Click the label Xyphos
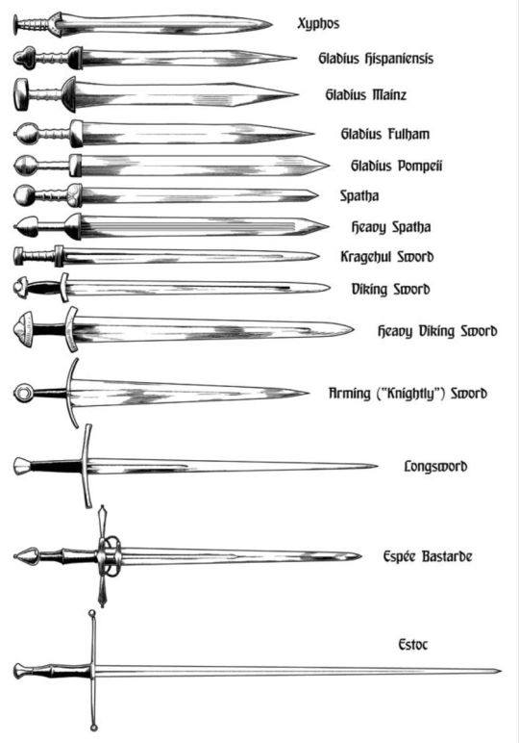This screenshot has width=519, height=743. click(x=318, y=24)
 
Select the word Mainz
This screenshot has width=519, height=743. click(x=389, y=94)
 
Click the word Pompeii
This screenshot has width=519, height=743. click(x=420, y=166)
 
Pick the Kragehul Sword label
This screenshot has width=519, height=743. click(x=387, y=257)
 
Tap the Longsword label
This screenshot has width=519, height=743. click(x=435, y=466)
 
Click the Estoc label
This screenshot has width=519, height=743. click(x=413, y=645)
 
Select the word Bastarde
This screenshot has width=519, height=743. click(x=447, y=556)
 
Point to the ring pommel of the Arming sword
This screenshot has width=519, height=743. click(x=23, y=393)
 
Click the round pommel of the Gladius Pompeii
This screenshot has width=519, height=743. click(x=25, y=166)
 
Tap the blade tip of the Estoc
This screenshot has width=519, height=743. click(x=501, y=671)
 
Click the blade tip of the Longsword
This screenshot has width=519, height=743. click(x=377, y=466)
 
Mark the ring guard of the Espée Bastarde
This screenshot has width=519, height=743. click(x=110, y=555)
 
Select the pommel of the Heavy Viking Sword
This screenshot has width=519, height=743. click(x=24, y=329)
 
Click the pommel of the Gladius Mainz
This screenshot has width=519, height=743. click(x=21, y=94)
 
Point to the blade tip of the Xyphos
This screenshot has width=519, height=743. click(x=271, y=24)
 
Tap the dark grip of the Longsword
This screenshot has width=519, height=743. click(x=56, y=466)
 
